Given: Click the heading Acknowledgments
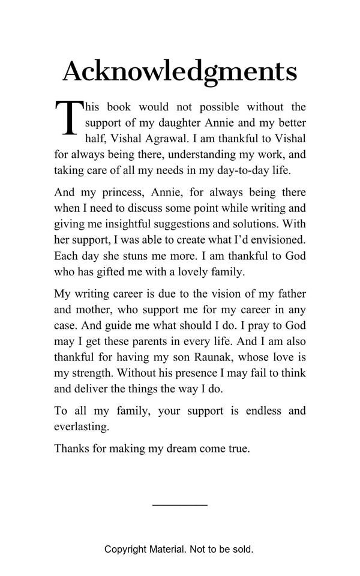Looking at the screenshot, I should (179, 71).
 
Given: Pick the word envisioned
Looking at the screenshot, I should (275, 239).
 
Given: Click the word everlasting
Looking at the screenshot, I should (82, 427).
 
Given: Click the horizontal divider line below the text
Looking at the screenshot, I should (179, 505).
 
